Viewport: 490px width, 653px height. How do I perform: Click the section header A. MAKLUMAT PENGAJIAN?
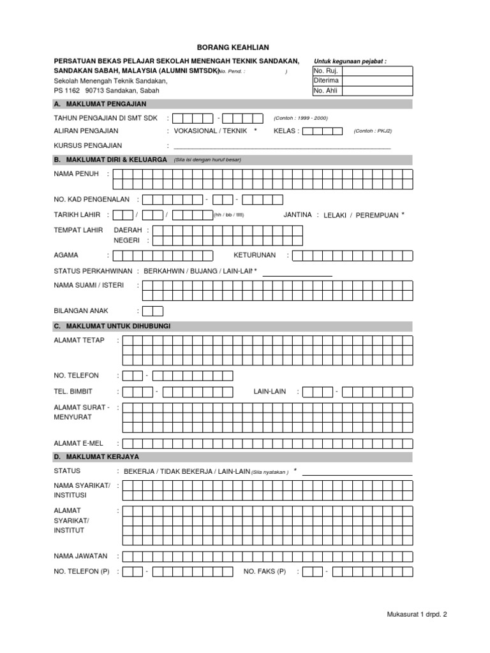(x=101, y=105)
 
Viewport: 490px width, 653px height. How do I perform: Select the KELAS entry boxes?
(x=322, y=131)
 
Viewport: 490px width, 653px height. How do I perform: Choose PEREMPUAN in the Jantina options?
(x=376, y=216)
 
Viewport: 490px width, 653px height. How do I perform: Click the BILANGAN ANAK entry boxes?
(x=153, y=311)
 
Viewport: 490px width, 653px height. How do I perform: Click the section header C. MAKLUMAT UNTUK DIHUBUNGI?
(x=113, y=326)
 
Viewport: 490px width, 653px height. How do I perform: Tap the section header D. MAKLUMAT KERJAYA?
(x=97, y=457)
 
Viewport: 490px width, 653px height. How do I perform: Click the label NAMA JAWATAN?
(x=81, y=555)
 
